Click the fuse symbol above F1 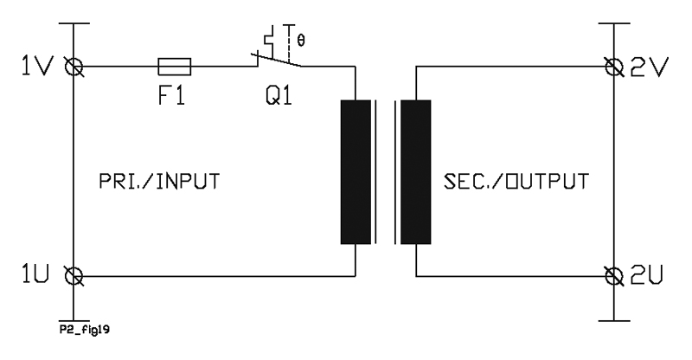175,67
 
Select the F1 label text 171,95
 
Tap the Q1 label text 279,95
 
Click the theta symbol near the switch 301,41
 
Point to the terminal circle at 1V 74,67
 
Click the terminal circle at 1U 74,276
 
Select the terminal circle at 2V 614,67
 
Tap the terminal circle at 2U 614,276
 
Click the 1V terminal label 37,67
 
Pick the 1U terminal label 35,273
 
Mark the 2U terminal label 647,274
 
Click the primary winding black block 356,172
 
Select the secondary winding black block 416,172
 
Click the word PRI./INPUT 159,182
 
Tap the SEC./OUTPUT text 516,182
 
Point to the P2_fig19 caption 85,330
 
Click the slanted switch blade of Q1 277,60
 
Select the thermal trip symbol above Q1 269,39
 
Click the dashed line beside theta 289,43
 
